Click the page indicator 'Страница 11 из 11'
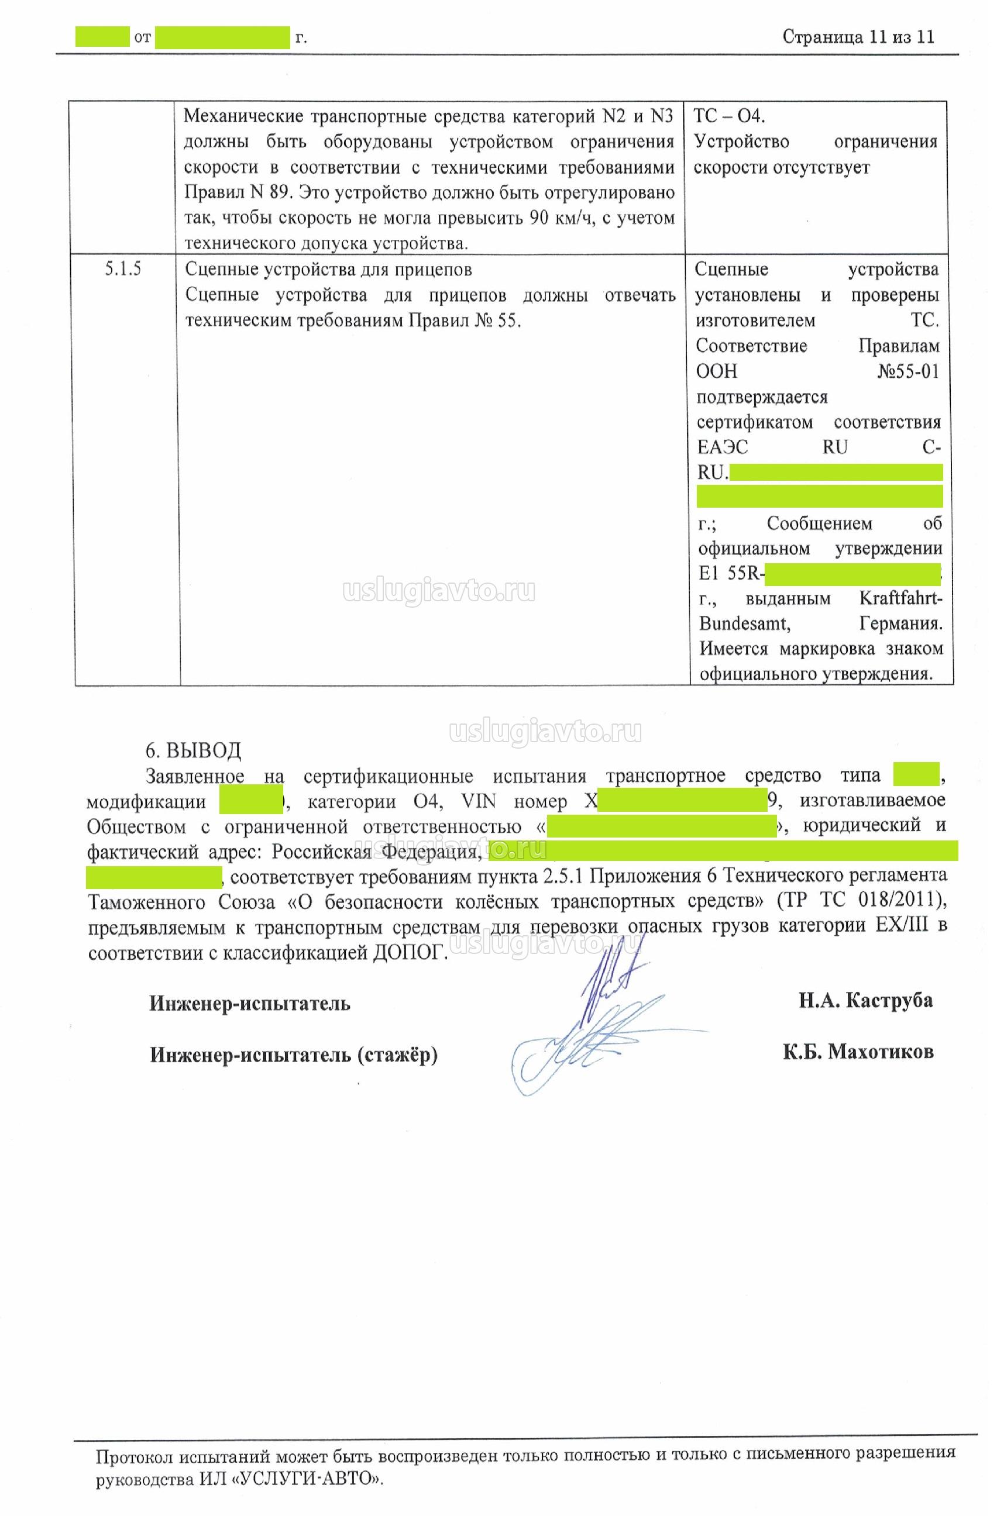(858, 37)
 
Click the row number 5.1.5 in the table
(122, 269)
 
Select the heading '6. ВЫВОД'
(193, 750)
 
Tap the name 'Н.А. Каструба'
(865, 1001)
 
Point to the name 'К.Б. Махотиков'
(858, 1052)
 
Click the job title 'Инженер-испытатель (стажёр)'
(294, 1055)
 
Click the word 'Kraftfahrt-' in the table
(900, 599)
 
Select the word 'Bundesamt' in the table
(744, 623)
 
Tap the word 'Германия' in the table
(900, 623)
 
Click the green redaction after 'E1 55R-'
(852, 574)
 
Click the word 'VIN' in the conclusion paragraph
(478, 801)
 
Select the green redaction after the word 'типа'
(916, 776)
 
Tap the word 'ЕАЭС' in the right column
(722, 447)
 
